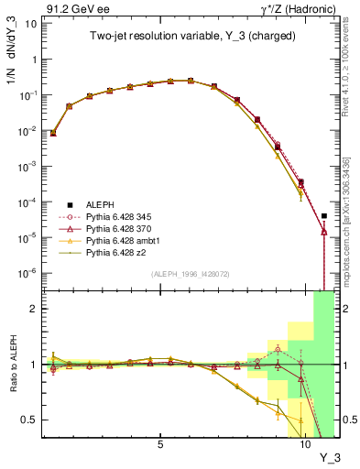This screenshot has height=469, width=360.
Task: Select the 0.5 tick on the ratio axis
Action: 28,420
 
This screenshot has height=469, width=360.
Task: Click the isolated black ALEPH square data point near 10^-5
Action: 324,216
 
